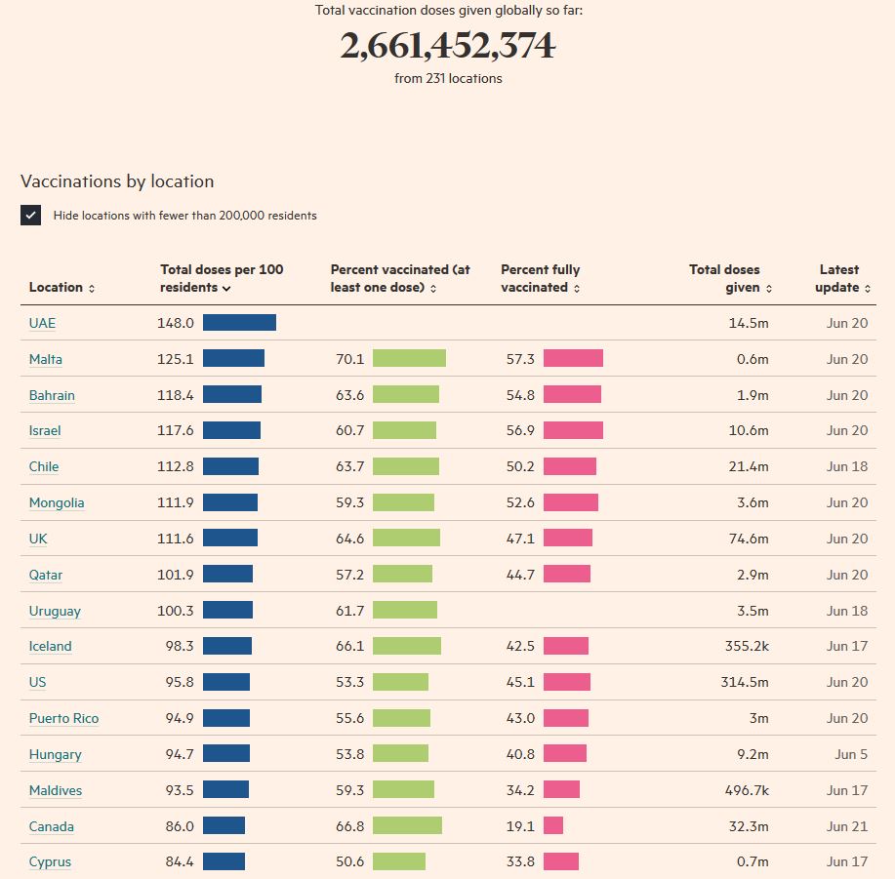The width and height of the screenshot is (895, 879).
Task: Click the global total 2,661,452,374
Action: tap(447, 46)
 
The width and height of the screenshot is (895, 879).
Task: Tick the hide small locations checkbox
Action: tap(30, 216)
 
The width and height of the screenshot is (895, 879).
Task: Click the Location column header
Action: tap(61, 287)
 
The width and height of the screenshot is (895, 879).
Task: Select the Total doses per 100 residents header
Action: tap(222, 278)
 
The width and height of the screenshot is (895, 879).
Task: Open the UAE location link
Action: tap(42, 323)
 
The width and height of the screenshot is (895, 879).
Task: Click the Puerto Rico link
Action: tap(63, 718)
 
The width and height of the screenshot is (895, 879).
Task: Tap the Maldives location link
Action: tap(56, 790)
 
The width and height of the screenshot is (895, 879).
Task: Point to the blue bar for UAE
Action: tap(239, 323)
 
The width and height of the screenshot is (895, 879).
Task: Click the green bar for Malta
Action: tap(409, 359)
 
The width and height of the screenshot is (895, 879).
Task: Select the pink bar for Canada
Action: tap(553, 826)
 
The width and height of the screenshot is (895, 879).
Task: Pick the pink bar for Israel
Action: tap(573, 430)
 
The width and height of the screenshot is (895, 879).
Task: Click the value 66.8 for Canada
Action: tap(349, 826)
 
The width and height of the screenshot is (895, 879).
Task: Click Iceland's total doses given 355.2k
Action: tap(745, 646)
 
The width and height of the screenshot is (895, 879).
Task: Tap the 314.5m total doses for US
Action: tap(745, 682)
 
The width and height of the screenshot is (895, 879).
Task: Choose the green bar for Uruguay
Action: tap(405, 611)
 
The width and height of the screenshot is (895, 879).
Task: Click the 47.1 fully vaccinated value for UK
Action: tap(520, 539)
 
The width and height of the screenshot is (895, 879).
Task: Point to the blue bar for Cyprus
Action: tap(224, 861)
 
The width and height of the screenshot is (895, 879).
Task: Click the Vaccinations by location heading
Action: tap(117, 181)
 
